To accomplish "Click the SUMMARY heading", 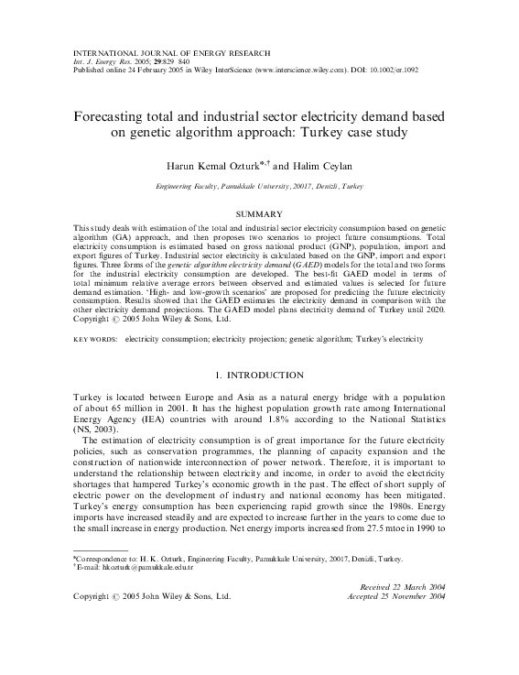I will click(x=259, y=213).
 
